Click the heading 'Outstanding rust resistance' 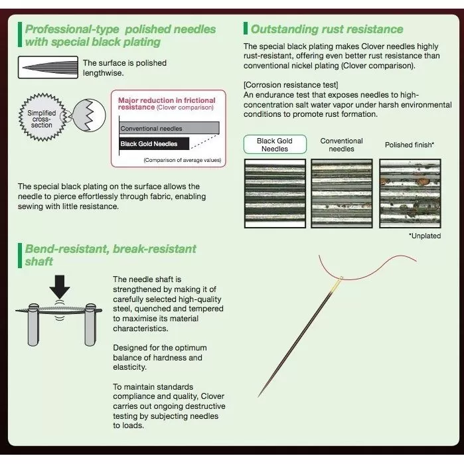pyautogui.click(x=327, y=29)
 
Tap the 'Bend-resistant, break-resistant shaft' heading pyautogui.click(x=110, y=255)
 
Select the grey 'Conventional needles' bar pyautogui.click(x=170, y=127)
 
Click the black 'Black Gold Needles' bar pyautogui.click(x=154, y=143)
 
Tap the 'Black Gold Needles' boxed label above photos pyautogui.click(x=274, y=145)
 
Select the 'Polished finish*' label pyautogui.click(x=410, y=145)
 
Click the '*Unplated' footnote pyautogui.click(x=425, y=236)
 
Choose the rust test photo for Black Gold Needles pyautogui.click(x=274, y=193)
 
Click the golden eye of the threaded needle pyautogui.click(x=339, y=281)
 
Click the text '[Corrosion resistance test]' pyautogui.click(x=281, y=86)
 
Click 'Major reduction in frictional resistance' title pyautogui.click(x=166, y=103)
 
